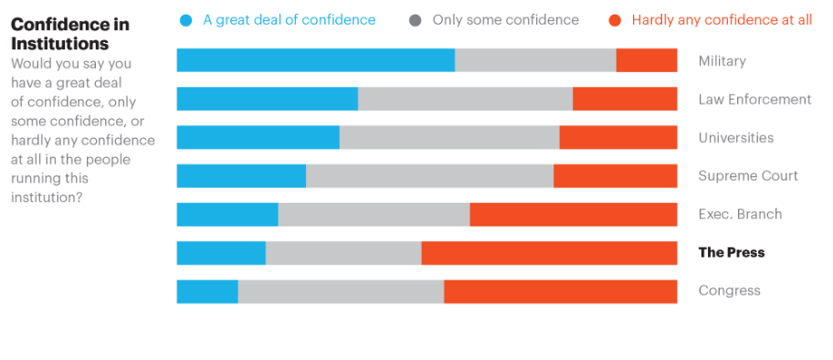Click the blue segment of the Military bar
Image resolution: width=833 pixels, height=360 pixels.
(x=315, y=60)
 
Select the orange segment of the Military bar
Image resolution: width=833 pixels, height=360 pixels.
(x=647, y=60)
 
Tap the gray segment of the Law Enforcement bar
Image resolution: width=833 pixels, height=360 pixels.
(x=465, y=99)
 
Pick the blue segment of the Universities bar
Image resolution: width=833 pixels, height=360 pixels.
(x=258, y=137)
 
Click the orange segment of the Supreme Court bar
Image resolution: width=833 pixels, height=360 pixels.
(x=615, y=175)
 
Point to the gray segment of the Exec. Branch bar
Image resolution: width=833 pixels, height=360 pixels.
(x=374, y=214)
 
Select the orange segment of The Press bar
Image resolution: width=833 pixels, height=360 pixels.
(x=549, y=252)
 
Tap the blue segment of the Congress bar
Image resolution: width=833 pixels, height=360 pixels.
(x=207, y=291)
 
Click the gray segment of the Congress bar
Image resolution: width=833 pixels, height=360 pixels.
(x=341, y=291)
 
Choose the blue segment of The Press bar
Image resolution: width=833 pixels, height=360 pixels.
(x=221, y=252)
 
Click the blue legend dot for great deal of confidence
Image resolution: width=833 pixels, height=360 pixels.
(x=187, y=20)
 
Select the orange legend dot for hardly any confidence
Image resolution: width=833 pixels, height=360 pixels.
(x=615, y=20)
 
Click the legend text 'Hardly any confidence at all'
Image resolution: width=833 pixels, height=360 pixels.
(x=722, y=20)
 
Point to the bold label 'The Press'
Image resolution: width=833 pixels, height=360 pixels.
(x=731, y=252)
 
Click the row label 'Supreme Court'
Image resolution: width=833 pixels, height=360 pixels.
(x=748, y=175)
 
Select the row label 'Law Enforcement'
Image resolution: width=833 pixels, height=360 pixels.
(x=754, y=99)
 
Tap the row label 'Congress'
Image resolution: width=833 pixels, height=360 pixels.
(x=729, y=291)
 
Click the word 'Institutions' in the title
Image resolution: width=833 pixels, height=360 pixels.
(x=59, y=44)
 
